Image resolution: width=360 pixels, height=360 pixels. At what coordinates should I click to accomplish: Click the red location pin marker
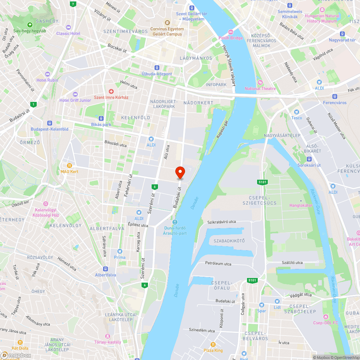(180, 172)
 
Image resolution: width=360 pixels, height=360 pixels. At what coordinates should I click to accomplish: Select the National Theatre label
(260, 89)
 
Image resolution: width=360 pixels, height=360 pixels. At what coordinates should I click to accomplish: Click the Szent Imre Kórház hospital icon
(111, 91)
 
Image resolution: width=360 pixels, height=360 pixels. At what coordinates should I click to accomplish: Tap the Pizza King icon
(213, 344)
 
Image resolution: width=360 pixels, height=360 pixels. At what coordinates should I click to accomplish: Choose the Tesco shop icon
(297, 112)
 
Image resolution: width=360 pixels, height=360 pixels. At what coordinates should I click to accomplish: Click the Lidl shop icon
(277, 301)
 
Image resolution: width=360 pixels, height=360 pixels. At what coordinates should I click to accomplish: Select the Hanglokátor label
(301, 205)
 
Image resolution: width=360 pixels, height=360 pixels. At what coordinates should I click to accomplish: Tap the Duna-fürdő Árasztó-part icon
(175, 222)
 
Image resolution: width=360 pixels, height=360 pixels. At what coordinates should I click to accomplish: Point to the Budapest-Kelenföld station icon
(49, 123)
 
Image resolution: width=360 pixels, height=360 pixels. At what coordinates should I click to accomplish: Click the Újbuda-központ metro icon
(157, 68)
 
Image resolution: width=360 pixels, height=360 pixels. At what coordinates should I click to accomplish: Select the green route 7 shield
(73, 4)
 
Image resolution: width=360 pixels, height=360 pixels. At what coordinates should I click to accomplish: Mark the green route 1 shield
(33, 104)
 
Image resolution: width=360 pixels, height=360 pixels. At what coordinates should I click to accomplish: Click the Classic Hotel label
(68, 33)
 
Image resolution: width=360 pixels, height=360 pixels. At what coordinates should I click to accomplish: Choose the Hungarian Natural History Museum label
(322, 18)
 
